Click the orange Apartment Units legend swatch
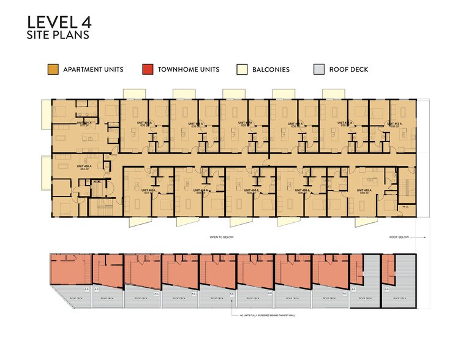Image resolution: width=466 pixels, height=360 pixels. tap(53, 69)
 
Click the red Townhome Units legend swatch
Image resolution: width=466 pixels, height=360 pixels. tap(147, 69)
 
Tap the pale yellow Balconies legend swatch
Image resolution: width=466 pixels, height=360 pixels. tap(242, 69)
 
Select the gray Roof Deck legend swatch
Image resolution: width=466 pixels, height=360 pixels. tap(318, 69)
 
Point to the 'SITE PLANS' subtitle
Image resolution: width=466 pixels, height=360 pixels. tap(58, 36)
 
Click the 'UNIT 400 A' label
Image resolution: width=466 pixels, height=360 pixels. tap(83, 167)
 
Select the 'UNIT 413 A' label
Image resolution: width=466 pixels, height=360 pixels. tap(393, 123)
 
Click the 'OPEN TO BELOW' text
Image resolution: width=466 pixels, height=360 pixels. tap(221, 237)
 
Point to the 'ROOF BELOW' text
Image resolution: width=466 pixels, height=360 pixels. tap(400, 237)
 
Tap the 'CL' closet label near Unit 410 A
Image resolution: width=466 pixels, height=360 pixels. tap(407, 207)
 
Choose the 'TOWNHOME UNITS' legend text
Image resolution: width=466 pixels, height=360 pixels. tap(189, 69)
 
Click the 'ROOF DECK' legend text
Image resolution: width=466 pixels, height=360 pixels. tap(348, 69)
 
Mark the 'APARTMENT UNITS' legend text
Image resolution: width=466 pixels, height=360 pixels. tap(93, 69)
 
